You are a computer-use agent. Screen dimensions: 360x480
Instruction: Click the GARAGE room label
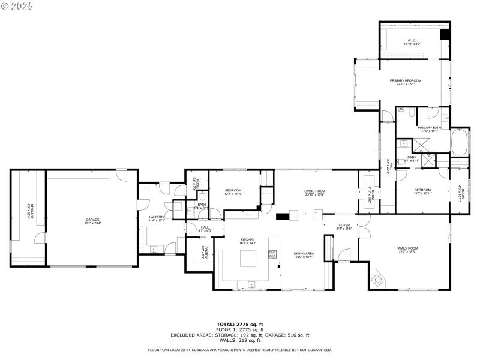coord(92,220)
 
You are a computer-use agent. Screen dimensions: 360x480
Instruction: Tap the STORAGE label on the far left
coord(28,211)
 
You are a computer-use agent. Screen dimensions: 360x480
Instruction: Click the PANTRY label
coord(205,253)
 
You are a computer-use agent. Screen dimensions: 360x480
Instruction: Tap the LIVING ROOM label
coord(314,191)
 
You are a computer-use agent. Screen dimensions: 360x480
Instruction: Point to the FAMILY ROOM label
coord(406,249)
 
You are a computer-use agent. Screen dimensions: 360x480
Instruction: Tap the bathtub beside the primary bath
coord(460,142)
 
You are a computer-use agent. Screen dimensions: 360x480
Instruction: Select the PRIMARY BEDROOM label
coord(406,80)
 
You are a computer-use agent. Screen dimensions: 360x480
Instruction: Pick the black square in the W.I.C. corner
coord(445,35)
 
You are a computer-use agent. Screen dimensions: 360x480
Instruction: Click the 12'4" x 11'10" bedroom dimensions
coord(233,194)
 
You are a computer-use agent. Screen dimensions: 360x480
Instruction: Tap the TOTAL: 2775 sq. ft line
coord(239,323)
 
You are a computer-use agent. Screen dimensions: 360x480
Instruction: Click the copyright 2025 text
coord(17,5)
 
